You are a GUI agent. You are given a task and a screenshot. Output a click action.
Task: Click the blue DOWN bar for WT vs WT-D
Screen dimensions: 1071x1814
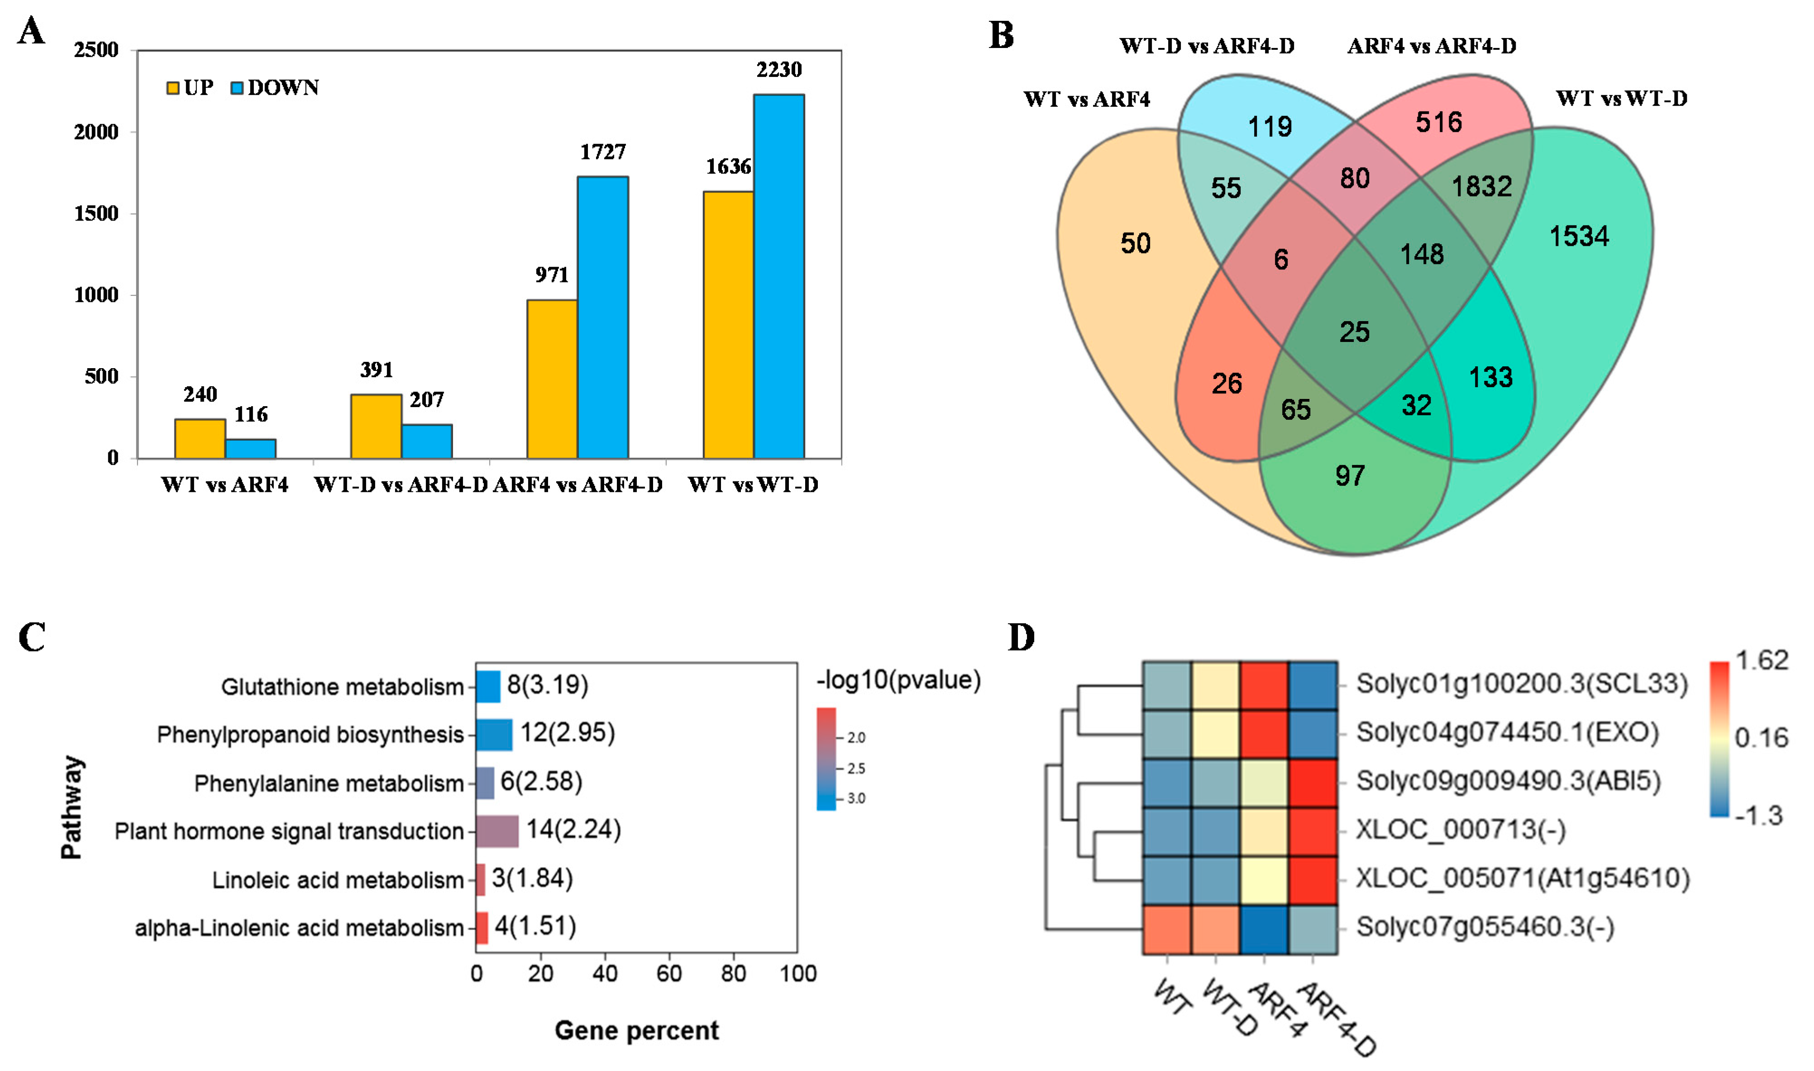coord(778,276)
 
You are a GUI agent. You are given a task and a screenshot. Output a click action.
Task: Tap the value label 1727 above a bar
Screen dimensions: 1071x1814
coord(603,152)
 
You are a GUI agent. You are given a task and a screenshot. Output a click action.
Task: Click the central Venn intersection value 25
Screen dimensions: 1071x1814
coord(1354,332)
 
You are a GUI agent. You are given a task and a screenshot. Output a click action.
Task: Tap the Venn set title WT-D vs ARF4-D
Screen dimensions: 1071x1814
coord(1207,46)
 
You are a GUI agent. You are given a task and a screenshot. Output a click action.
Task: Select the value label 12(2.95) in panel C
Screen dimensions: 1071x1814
coord(567,733)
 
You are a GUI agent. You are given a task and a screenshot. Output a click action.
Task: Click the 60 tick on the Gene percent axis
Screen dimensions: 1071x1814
coord(668,974)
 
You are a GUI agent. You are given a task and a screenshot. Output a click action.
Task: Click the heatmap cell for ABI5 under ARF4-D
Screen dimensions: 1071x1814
coord(1313,783)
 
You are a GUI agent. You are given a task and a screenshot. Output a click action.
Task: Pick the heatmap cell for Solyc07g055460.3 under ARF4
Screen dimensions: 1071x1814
coord(1264,929)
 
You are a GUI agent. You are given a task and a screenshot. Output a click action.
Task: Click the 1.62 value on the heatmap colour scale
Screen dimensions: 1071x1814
coord(1761,660)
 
